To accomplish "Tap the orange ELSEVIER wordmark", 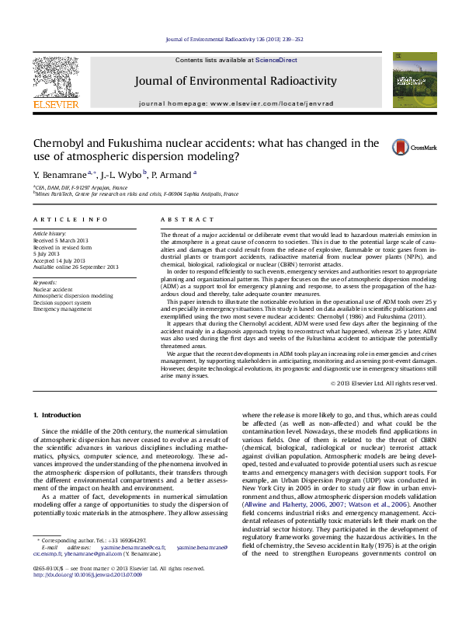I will click(55, 103).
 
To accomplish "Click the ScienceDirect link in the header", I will click(274, 60).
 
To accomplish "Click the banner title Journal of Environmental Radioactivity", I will click(235, 81).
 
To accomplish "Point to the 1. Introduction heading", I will click(61, 417).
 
